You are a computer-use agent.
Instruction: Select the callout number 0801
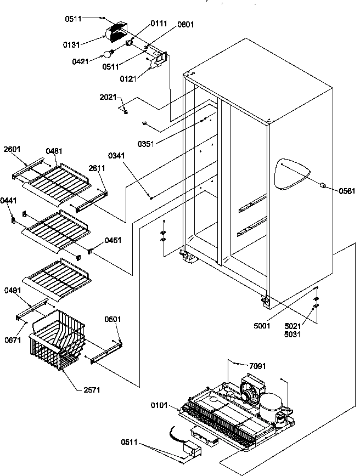185,25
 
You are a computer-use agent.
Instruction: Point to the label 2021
108,97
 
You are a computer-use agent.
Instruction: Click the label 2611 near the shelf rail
97,169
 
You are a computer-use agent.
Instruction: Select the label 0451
113,240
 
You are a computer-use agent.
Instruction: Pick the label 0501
114,319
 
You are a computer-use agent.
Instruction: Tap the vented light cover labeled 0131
117,35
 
